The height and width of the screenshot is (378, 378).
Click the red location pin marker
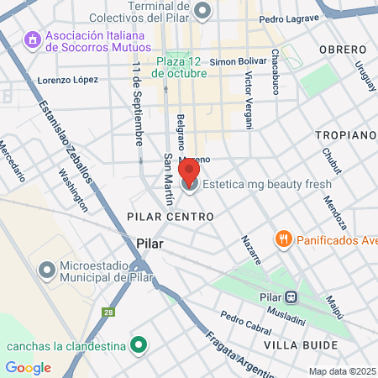189,171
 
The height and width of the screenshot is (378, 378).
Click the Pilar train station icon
291,296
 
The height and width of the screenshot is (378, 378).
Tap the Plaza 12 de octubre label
180,67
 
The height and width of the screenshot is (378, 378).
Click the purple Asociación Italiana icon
33,40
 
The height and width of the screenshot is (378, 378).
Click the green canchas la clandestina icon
140,345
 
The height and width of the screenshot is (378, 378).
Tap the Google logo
28,367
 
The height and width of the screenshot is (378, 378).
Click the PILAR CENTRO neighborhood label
171,217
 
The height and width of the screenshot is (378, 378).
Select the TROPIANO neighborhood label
344,134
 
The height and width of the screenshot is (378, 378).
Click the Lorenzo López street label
68,80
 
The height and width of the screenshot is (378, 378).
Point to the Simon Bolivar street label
238,61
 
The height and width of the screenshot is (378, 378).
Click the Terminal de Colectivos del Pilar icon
202,10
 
